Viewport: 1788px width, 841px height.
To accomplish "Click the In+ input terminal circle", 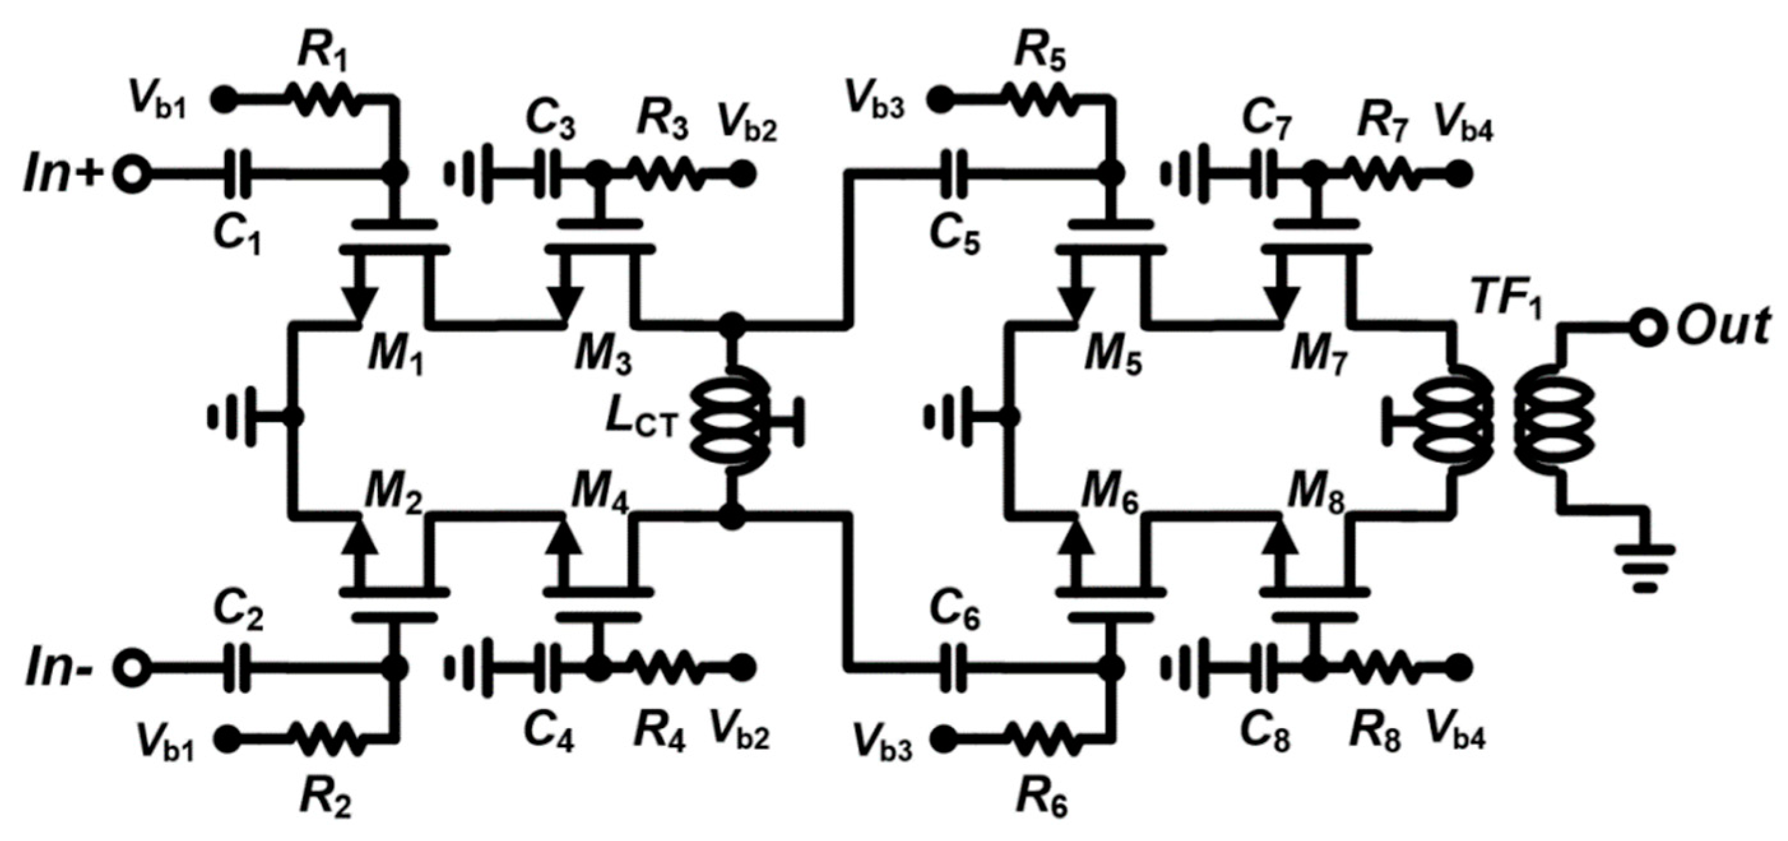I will (130, 174).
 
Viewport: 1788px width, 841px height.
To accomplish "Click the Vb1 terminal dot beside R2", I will (226, 740).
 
